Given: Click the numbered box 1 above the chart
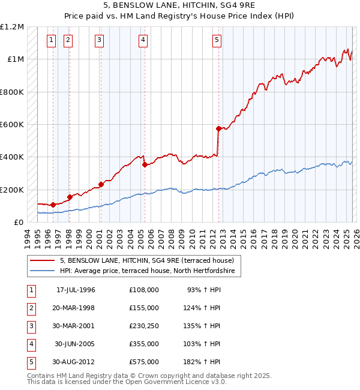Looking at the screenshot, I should point(51,40).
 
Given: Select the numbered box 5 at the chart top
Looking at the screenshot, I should point(216,40).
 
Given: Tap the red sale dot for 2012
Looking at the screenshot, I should point(218,128).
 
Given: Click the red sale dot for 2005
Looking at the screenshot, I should point(145,164).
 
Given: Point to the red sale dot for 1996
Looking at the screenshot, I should point(53,205).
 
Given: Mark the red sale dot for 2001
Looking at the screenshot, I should point(101,185).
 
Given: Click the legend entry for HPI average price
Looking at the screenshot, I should point(150,271).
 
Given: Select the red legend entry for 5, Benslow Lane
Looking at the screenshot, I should point(150,260).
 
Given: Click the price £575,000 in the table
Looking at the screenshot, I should point(143,362).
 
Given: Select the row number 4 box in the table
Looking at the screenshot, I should point(31,344).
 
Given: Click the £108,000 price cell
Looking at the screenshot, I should point(143,290).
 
